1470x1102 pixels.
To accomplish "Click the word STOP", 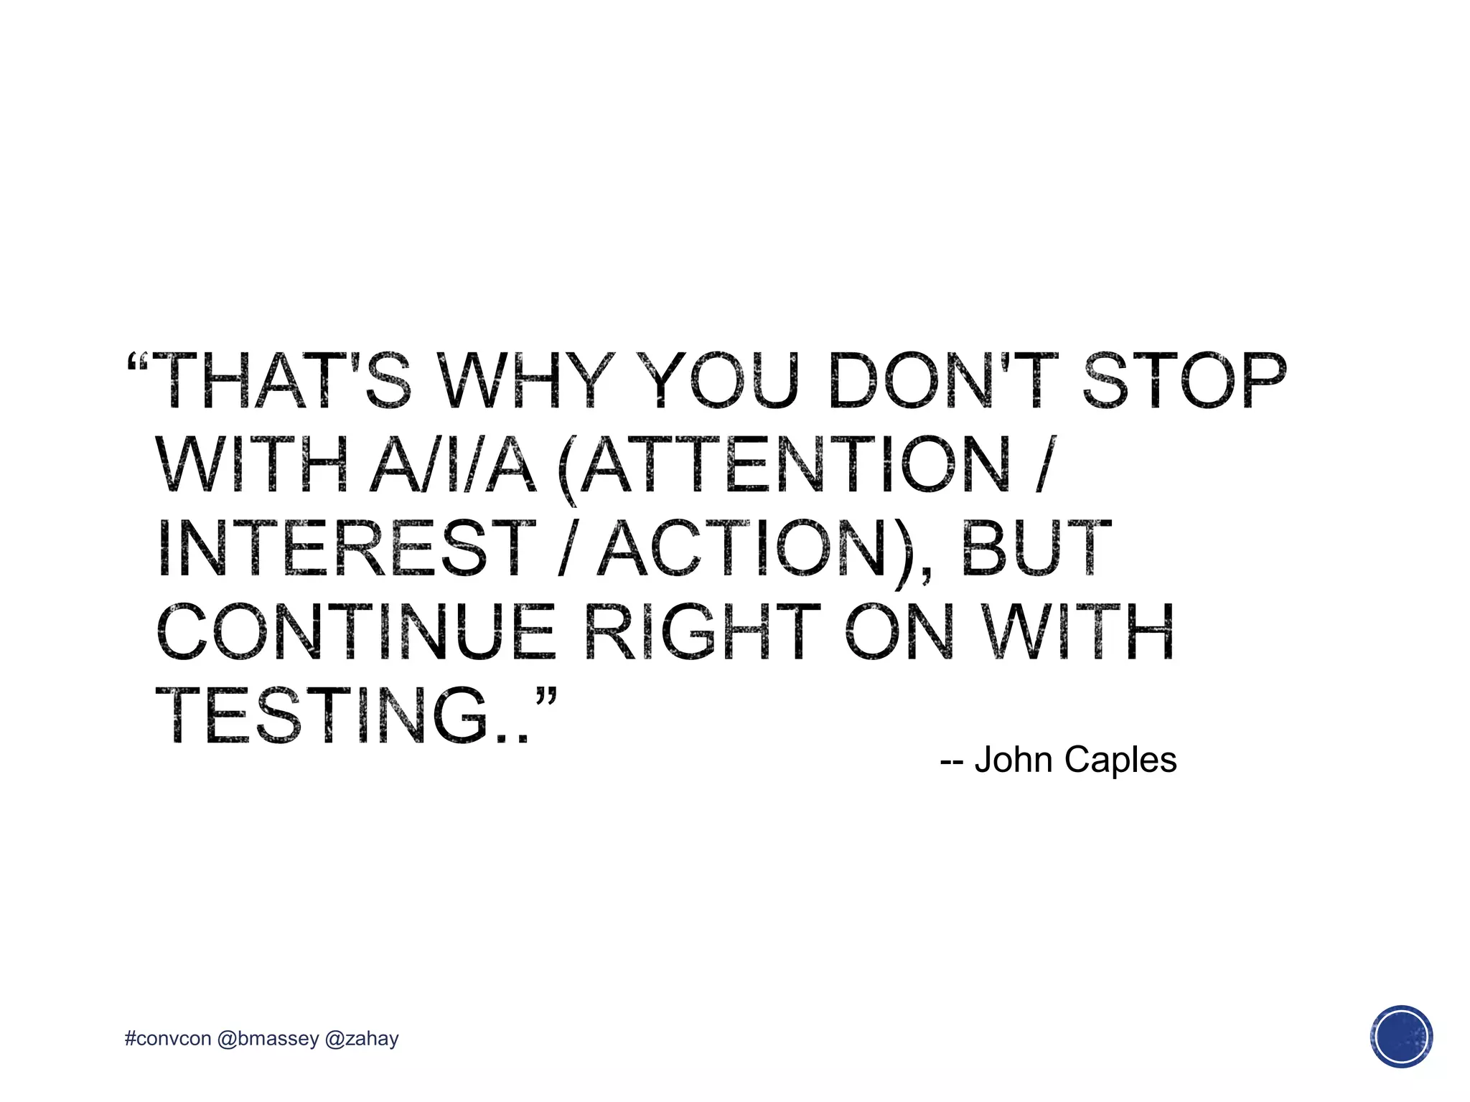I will pyautogui.click(x=1184, y=380).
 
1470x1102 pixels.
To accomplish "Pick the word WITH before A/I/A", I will pyautogui.click(x=252, y=464).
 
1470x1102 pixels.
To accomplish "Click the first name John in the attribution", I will pyautogui.click(x=1014, y=760).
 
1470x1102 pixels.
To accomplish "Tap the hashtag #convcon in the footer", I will pyautogui.click(x=168, y=1039).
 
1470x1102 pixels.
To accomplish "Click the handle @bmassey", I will pyautogui.click(x=267, y=1039).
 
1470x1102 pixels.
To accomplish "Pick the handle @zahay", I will pyautogui.click(x=362, y=1039).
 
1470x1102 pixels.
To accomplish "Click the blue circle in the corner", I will pyautogui.click(x=1401, y=1037).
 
